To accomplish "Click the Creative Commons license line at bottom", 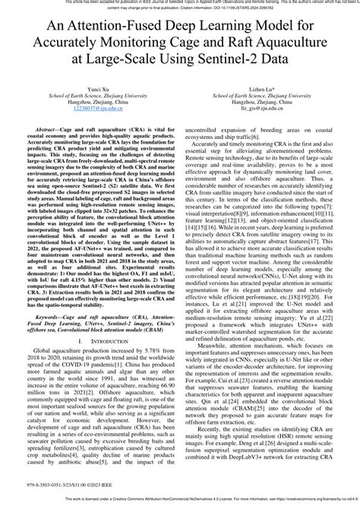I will (x=180, y=504).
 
